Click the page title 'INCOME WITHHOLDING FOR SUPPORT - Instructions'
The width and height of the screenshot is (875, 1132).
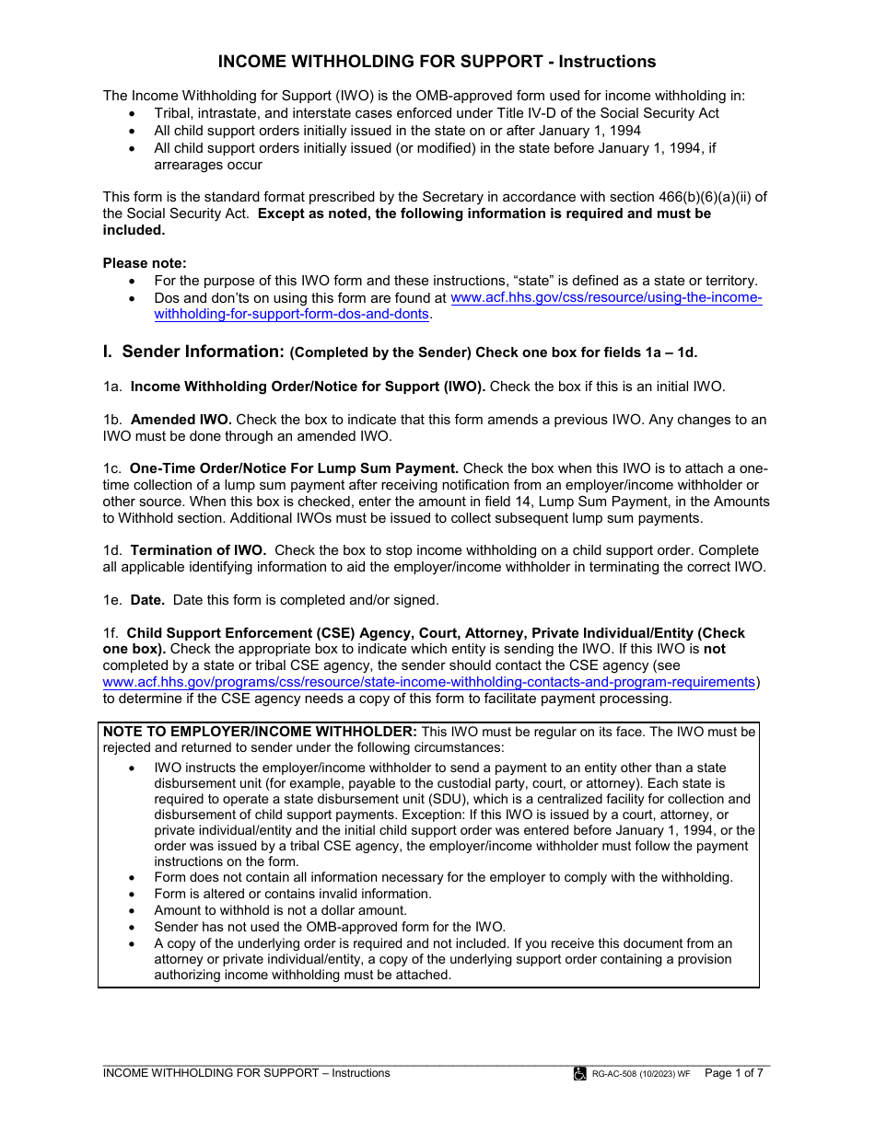[x=437, y=62]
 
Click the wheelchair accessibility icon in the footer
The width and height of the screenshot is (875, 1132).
[x=580, y=1073]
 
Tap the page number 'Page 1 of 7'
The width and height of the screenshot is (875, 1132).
[x=733, y=1072]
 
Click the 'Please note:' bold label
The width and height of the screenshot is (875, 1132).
[x=144, y=263]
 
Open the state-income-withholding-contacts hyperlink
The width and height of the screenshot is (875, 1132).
[x=429, y=682]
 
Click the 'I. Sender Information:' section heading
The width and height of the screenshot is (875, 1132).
[x=193, y=352]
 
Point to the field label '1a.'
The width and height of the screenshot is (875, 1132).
[x=112, y=387]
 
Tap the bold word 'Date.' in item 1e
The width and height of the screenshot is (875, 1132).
[x=147, y=600]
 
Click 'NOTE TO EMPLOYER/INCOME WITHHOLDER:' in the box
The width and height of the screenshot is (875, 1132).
[x=261, y=732]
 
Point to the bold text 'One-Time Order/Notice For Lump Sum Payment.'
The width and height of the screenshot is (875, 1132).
[x=294, y=468]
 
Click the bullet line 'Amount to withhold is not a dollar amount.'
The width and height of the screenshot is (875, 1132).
[x=280, y=910]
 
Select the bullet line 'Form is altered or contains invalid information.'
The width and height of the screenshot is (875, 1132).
[x=292, y=894]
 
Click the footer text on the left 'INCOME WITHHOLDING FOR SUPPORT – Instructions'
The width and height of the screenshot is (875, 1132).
[x=246, y=1072]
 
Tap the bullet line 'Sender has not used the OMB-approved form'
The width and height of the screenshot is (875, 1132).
[x=330, y=927]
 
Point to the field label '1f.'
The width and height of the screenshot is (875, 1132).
[x=111, y=633]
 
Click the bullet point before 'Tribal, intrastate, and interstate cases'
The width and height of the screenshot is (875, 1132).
[x=134, y=113]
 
